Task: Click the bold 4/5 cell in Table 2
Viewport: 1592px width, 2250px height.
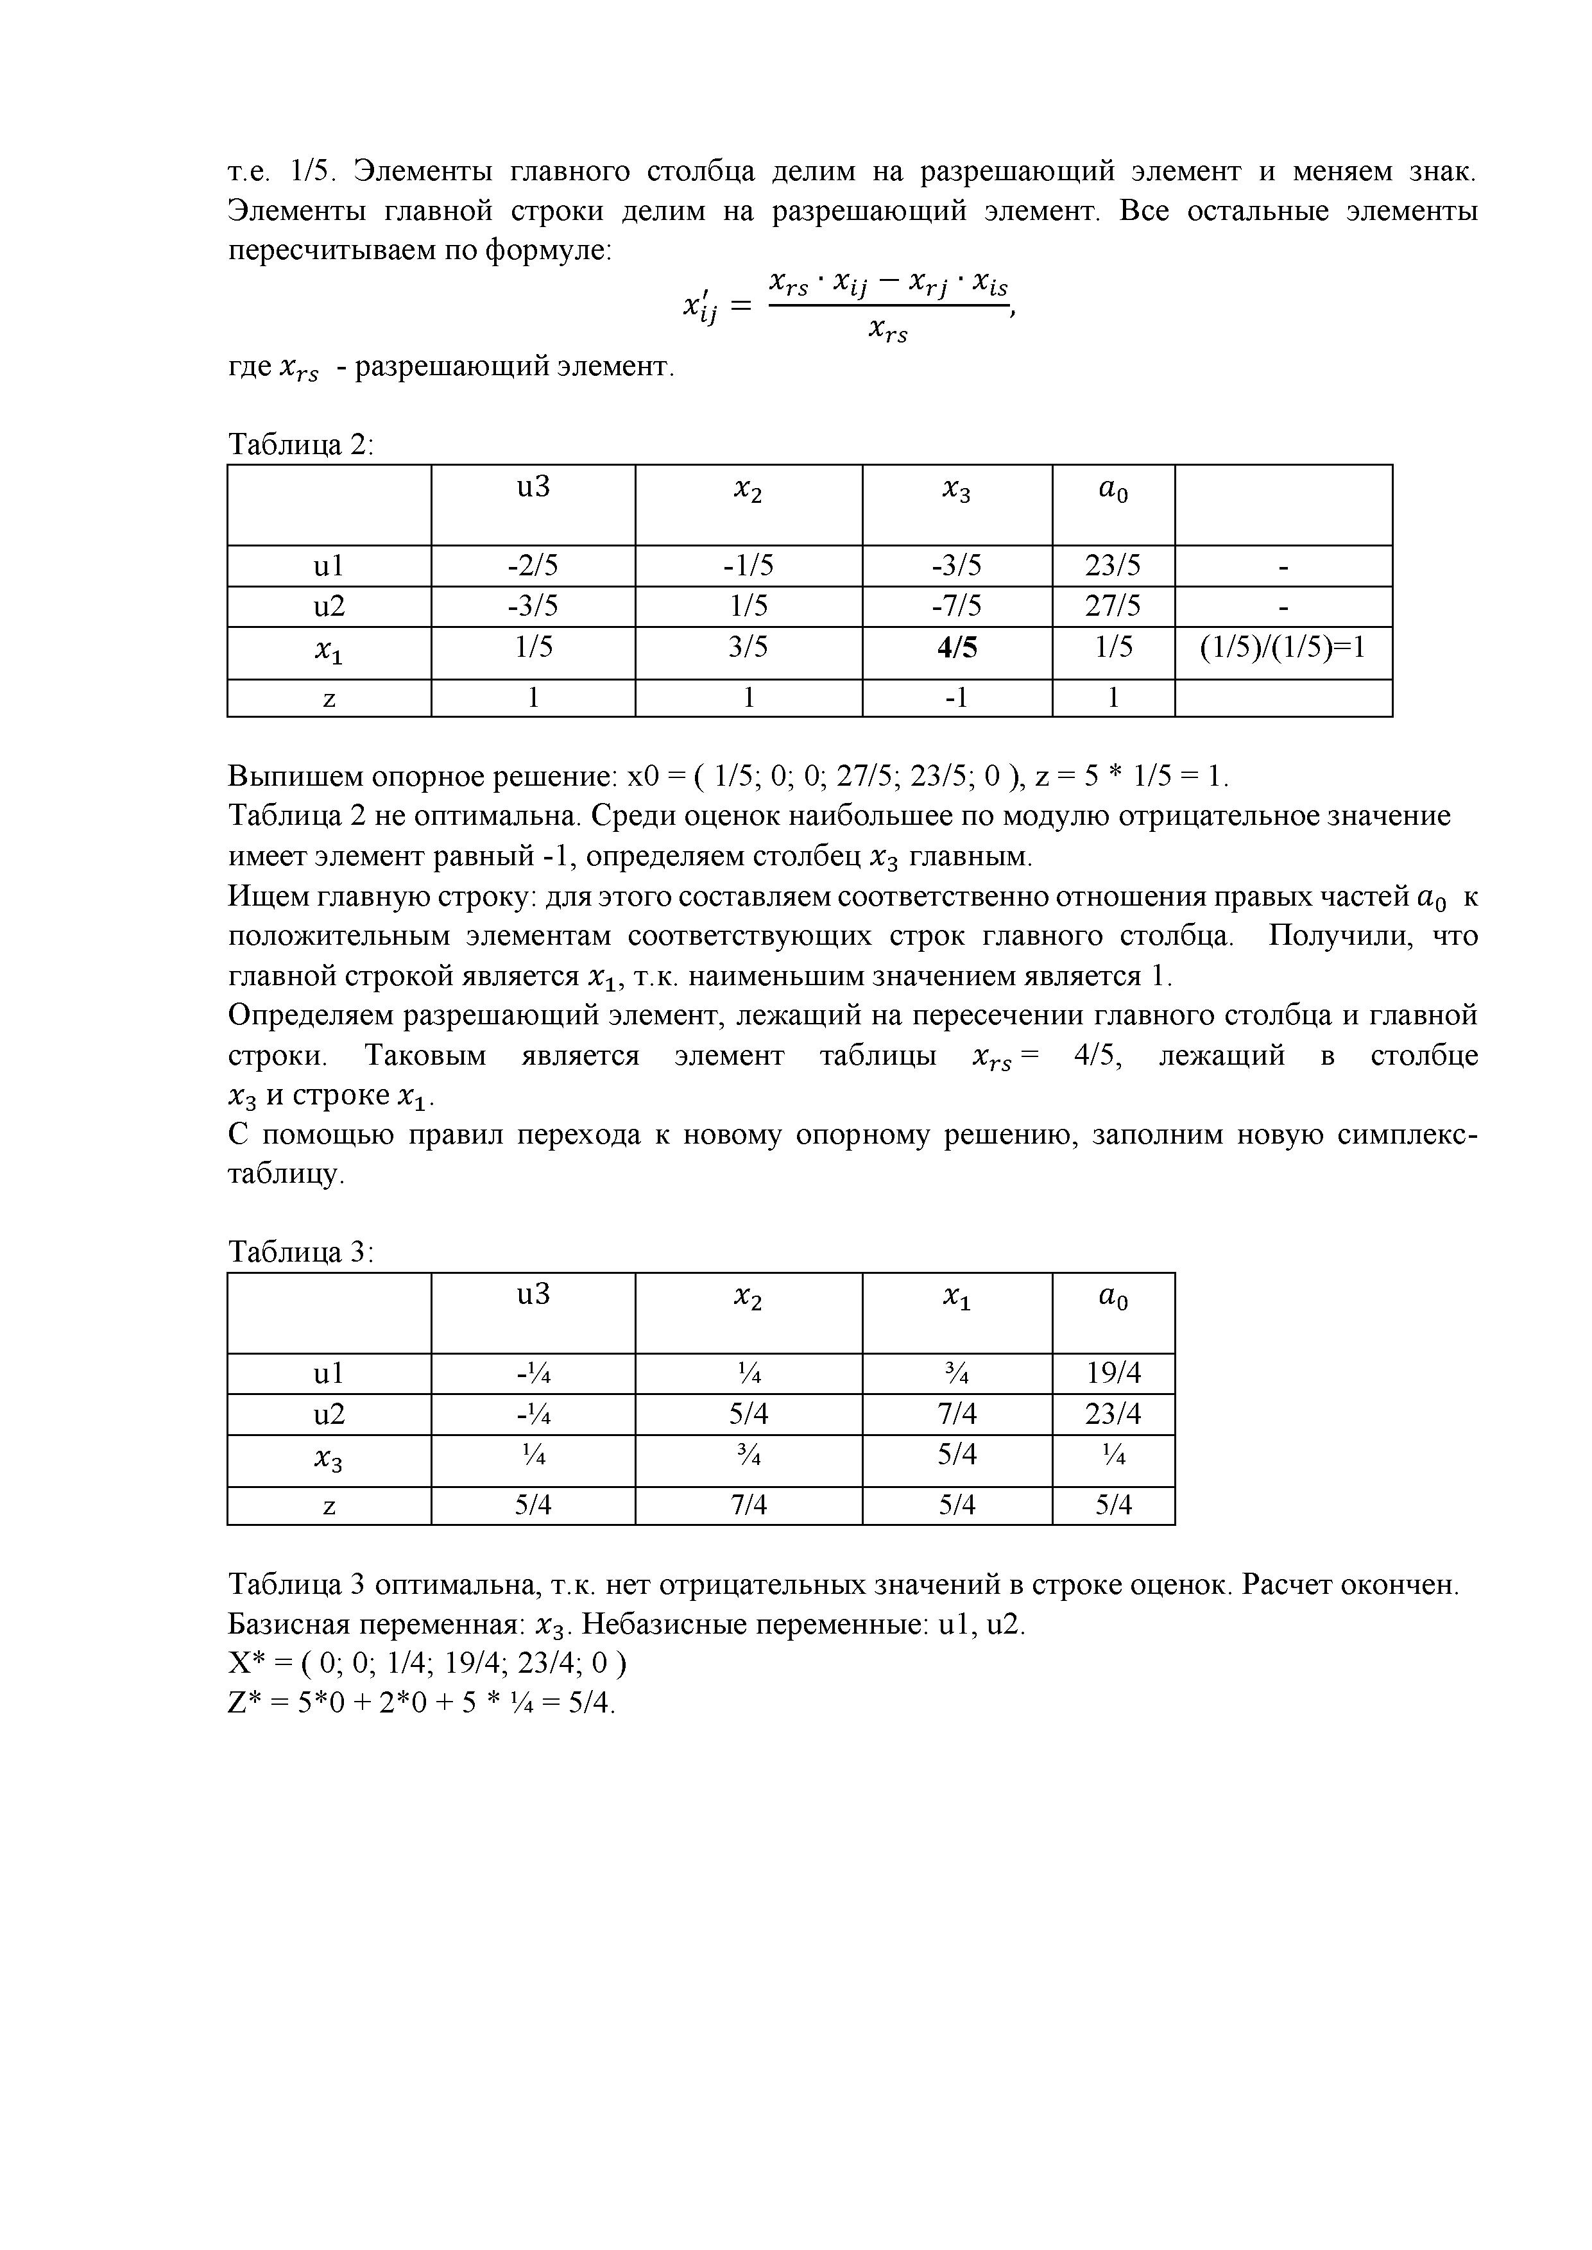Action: tap(957, 648)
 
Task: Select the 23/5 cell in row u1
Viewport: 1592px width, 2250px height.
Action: tap(1113, 566)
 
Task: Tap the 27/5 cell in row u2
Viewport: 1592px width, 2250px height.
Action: tap(1113, 607)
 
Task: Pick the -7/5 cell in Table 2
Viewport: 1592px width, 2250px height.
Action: tap(957, 607)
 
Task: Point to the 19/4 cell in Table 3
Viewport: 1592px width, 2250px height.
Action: tap(1113, 1373)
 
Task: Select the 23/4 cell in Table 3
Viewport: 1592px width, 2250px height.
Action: tap(1113, 1414)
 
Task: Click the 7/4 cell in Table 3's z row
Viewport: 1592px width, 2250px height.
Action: tap(749, 1504)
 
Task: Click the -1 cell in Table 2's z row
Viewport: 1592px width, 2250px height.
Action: tap(957, 698)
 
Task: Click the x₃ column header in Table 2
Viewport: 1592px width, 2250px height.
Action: tap(957, 492)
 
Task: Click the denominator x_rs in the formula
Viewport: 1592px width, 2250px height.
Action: tap(888, 332)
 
